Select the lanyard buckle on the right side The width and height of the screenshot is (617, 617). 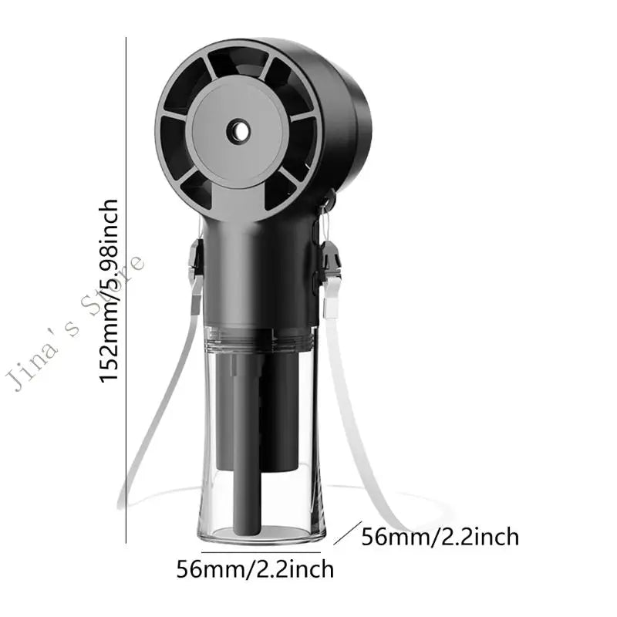click(332, 258)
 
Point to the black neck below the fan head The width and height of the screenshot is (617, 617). click(255, 262)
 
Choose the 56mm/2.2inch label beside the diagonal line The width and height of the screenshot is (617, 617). click(440, 536)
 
